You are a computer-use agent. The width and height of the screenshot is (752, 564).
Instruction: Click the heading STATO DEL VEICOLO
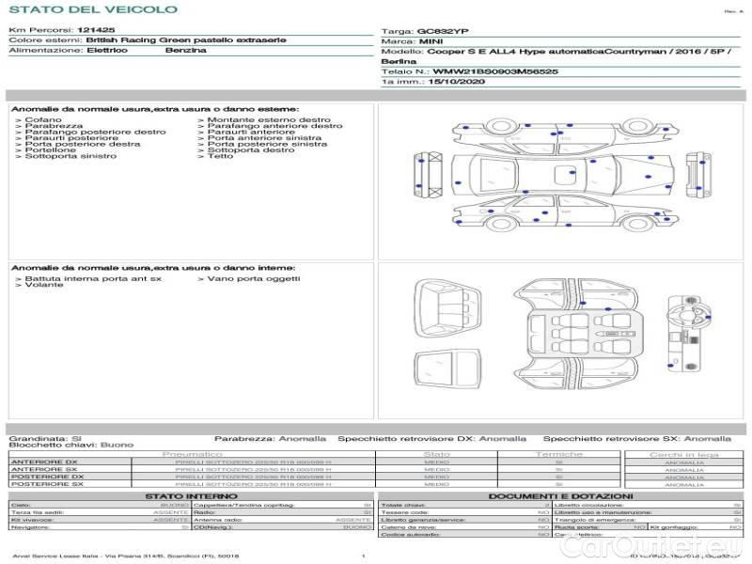(93, 9)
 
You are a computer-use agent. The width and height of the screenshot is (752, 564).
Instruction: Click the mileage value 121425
(97, 31)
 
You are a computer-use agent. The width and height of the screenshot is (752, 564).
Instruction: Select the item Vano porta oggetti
(254, 278)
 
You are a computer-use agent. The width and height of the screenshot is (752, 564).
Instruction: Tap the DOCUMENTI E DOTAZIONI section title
(560, 496)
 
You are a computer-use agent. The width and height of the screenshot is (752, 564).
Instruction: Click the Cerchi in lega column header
(683, 454)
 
